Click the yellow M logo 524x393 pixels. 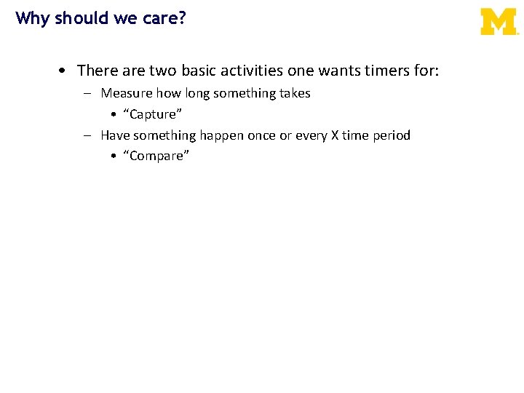[x=499, y=22]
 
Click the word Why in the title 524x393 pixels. [x=31, y=17]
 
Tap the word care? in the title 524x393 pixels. [x=164, y=18]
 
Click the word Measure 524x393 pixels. [x=127, y=93]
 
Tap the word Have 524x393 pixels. [x=116, y=135]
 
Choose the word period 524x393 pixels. [x=392, y=136]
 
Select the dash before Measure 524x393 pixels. [x=87, y=94]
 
